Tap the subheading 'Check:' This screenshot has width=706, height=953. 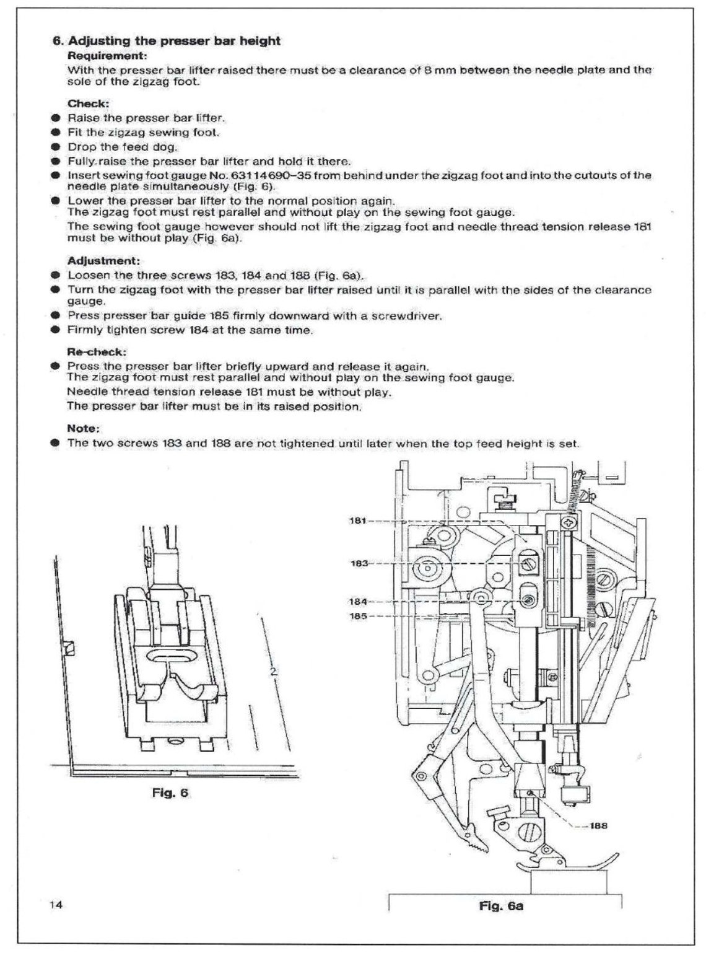88,103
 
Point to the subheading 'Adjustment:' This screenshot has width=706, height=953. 103,261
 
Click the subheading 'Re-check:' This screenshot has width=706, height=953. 96,351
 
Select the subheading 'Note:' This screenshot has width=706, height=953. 83,428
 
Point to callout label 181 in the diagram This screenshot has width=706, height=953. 358,520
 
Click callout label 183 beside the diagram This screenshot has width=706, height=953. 359,563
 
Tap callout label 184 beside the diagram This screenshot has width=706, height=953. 358,602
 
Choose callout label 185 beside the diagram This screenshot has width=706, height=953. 358,617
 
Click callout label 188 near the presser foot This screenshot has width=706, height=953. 598,825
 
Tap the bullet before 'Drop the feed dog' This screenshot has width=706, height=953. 56,147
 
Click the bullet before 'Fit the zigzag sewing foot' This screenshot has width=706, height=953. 56,133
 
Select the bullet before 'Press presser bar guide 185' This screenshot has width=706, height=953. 56,316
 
